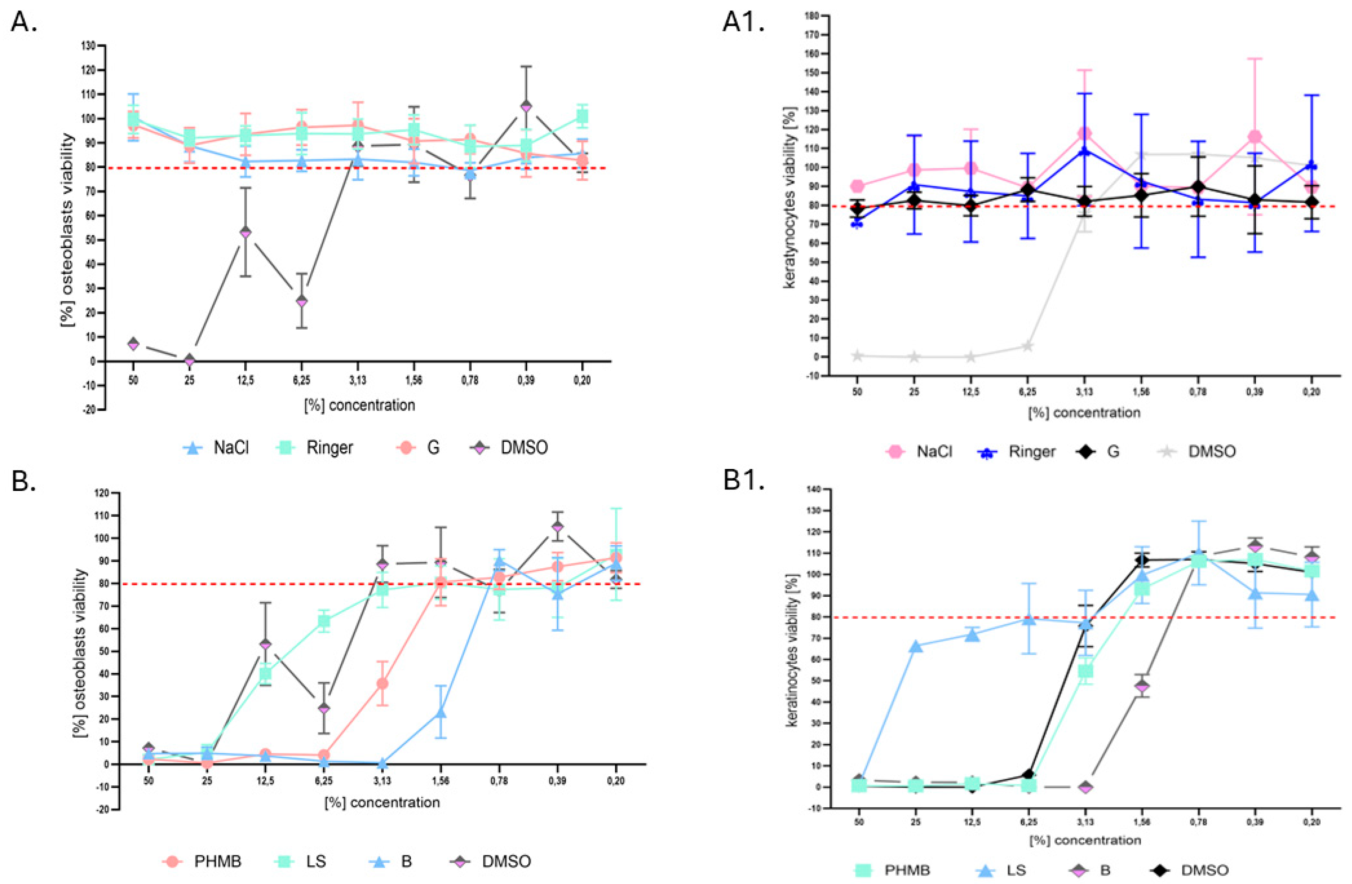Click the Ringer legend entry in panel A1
(x=1017, y=451)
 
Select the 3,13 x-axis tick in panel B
(x=382, y=781)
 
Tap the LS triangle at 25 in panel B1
(x=916, y=646)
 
